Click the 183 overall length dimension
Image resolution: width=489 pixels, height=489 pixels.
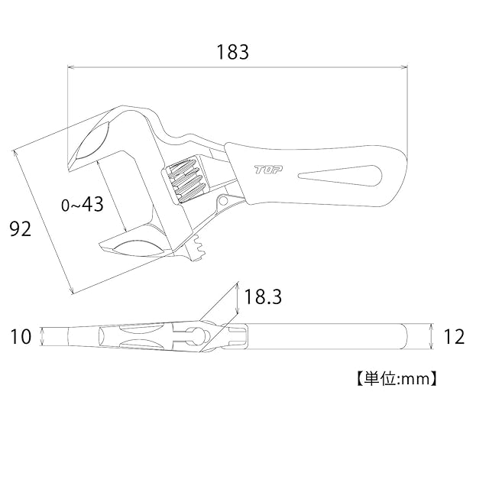(233, 52)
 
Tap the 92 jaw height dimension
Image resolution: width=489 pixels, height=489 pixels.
(21, 229)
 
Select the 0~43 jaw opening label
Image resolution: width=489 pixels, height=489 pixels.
(83, 205)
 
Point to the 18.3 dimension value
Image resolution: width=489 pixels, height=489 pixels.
(263, 296)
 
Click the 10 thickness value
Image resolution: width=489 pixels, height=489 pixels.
(21, 336)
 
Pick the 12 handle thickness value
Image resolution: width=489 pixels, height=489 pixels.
(454, 337)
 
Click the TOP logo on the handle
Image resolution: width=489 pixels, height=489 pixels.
(268, 170)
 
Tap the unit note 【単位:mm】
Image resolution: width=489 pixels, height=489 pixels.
(397, 379)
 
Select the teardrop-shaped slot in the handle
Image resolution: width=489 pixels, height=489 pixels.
(340, 176)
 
